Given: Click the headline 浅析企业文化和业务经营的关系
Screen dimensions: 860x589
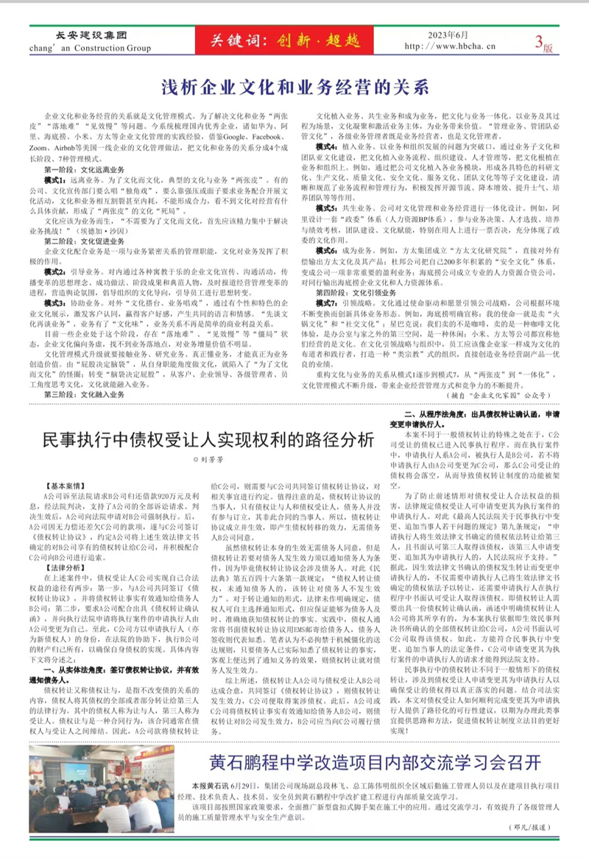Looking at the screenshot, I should (x=294, y=87).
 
